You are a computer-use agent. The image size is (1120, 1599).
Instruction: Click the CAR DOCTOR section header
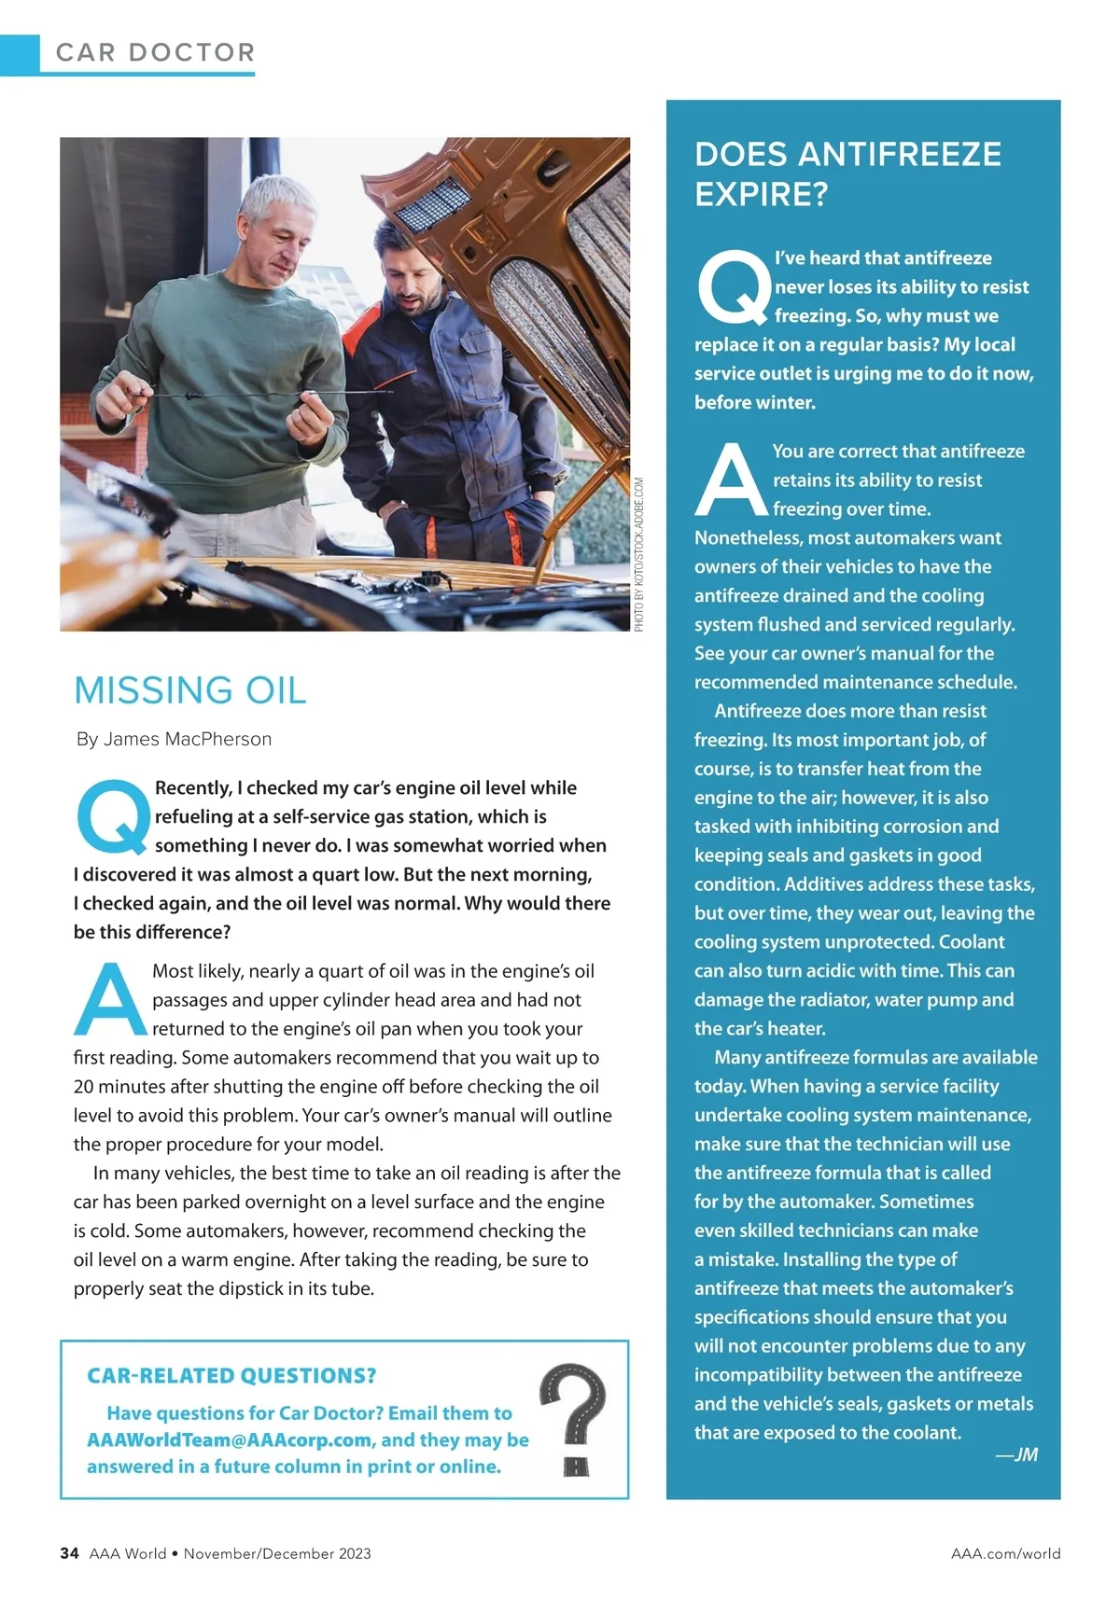click(x=155, y=52)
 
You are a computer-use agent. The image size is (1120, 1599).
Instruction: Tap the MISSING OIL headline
click(x=190, y=690)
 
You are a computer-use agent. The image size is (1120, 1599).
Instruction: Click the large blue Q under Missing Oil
click(x=112, y=816)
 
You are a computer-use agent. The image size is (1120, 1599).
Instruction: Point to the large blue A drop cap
click(x=110, y=1000)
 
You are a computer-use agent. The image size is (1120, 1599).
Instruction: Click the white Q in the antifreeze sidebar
click(x=734, y=285)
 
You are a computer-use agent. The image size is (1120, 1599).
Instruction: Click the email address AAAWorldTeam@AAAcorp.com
click(x=229, y=1439)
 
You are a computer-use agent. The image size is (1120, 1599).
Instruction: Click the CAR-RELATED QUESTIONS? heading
click(x=231, y=1375)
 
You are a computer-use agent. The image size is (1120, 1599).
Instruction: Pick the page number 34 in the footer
click(x=69, y=1553)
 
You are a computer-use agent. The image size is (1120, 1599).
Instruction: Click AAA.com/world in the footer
click(x=1005, y=1553)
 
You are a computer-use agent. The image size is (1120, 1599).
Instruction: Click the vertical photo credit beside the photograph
click(x=639, y=554)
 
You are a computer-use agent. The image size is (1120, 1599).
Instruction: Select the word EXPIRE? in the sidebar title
click(x=761, y=194)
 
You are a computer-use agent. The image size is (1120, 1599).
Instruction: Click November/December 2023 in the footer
click(x=277, y=1553)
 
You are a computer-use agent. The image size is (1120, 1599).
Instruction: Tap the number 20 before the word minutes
click(x=84, y=1086)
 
